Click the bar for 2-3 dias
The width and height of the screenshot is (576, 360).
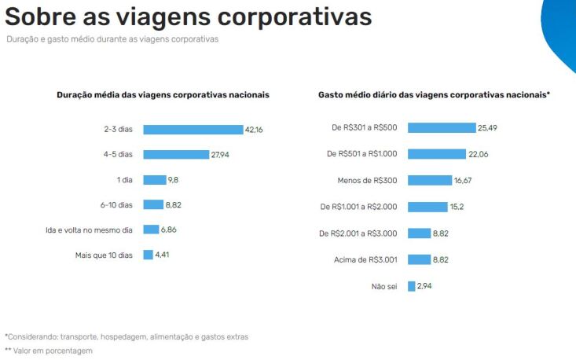(x=193, y=130)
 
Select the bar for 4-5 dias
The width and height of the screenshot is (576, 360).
(x=175, y=155)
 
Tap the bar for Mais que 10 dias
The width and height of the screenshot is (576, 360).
(x=148, y=255)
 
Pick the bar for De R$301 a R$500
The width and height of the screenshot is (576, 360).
(x=441, y=128)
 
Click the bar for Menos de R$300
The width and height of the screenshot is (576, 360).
(x=429, y=180)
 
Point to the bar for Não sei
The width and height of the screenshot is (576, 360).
(x=411, y=286)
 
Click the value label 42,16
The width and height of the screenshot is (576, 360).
(x=253, y=130)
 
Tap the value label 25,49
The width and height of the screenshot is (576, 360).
(x=488, y=128)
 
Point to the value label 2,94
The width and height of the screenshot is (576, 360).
(x=424, y=286)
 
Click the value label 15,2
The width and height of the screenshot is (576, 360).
(x=457, y=207)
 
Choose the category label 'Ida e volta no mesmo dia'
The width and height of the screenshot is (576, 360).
(x=89, y=230)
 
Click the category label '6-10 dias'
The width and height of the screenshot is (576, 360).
(x=116, y=204)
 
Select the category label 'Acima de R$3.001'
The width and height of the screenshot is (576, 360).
(x=368, y=259)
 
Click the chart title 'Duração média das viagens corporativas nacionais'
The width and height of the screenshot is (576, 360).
(x=163, y=94)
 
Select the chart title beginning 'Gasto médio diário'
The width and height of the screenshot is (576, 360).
(x=434, y=94)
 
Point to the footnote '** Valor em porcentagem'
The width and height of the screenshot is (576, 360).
(x=49, y=351)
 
